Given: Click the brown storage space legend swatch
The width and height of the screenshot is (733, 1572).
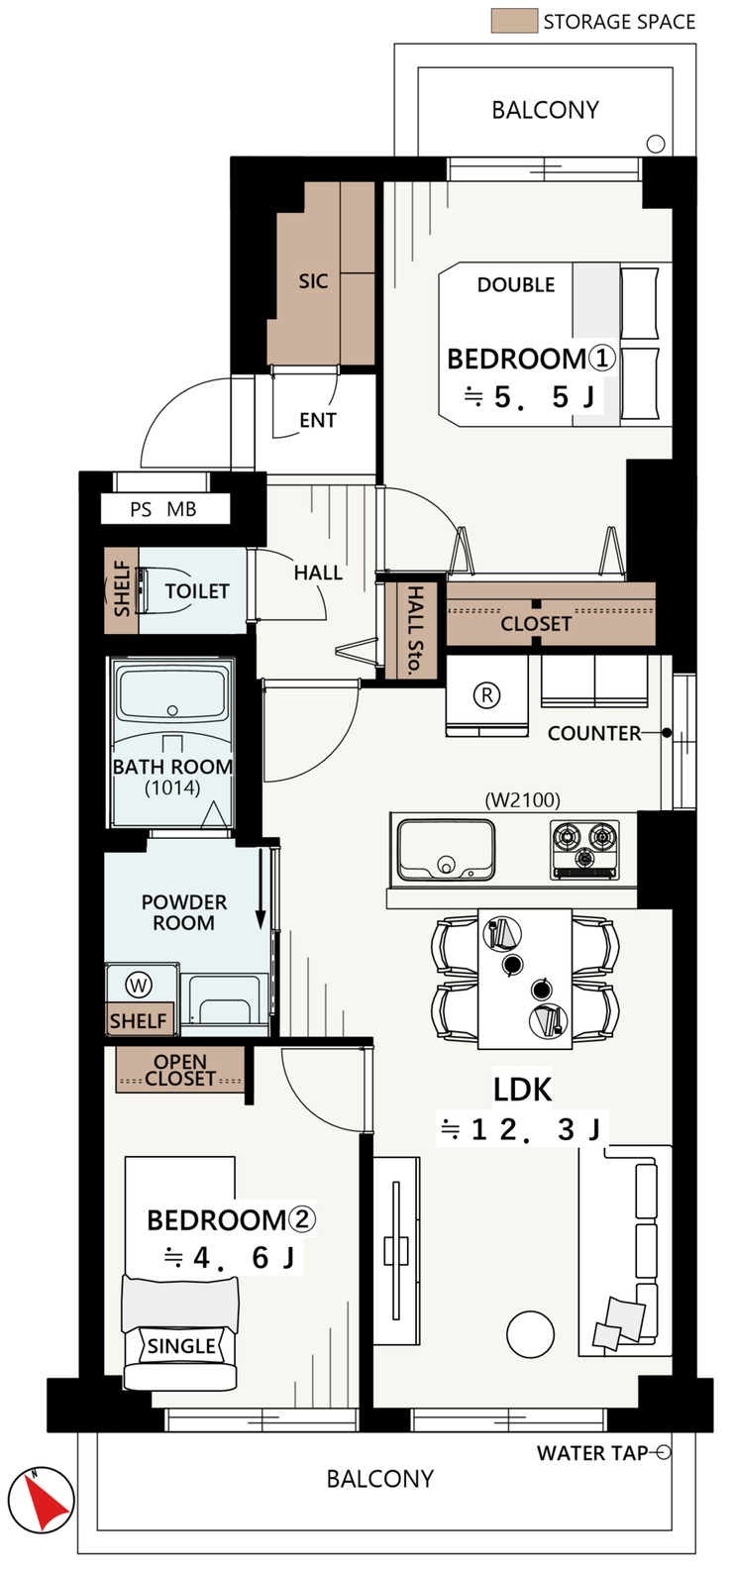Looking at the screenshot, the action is (x=514, y=21).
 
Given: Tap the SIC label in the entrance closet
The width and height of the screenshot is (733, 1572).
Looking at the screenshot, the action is (x=313, y=281).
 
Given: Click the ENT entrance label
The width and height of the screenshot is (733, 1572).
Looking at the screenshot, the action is (x=317, y=420).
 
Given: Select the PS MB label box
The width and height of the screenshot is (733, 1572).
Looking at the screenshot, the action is (x=165, y=509).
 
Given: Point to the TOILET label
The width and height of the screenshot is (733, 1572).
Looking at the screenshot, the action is (x=197, y=591).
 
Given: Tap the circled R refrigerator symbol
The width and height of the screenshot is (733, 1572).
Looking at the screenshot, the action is (x=486, y=695).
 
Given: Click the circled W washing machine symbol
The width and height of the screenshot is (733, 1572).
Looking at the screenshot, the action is (x=139, y=986).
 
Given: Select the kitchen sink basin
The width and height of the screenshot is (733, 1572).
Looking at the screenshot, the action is (x=446, y=850).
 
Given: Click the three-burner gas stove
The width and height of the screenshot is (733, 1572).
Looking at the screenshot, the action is (x=584, y=850).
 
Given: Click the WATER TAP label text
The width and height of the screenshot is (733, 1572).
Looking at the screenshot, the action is (x=592, y=1453).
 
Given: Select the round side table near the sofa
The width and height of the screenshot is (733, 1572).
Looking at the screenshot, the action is (x=530, y=1334).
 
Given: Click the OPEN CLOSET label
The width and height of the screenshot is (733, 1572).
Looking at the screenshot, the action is (x=180, y=1070).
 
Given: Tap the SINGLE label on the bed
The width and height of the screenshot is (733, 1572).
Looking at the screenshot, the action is (x=181, y=1346).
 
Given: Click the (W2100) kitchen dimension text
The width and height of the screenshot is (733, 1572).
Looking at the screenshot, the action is (x=523, y=799).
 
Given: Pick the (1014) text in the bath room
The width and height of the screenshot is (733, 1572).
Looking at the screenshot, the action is (x=172, y=788).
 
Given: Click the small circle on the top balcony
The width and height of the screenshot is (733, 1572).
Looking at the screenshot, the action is (x=655, y=144).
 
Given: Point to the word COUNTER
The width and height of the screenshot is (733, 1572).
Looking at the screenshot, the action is (x=594, y=733).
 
